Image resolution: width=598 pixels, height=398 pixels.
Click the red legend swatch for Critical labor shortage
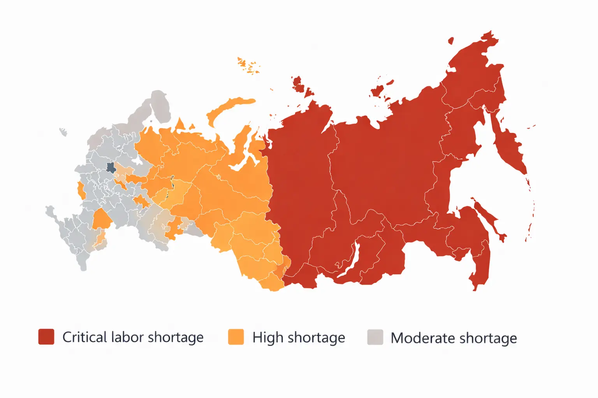click(46, 337)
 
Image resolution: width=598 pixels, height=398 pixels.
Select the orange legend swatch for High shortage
click(236, 337)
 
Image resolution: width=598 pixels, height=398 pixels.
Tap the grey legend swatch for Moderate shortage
click(375, 337)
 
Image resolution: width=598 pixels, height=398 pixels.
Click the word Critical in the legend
click(84, 337)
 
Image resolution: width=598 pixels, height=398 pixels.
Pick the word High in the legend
click(268, 338)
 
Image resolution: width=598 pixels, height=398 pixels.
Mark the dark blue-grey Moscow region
click(111, 168)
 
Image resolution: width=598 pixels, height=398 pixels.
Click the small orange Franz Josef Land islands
click(248, 66)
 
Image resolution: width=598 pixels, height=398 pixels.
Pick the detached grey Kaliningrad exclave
click(63, 132)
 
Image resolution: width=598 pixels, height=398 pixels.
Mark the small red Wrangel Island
click(451, 40)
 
